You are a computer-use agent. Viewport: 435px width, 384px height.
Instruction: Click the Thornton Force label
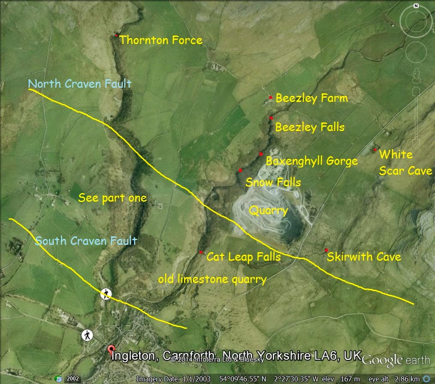161,40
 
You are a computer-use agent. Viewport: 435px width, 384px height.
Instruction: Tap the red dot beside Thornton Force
116,36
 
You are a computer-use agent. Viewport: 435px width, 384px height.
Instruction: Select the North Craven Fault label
80,83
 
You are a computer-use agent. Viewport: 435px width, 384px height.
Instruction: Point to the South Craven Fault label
86,241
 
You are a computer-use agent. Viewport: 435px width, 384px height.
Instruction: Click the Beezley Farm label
312,98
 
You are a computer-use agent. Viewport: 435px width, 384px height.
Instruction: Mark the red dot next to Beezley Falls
271,118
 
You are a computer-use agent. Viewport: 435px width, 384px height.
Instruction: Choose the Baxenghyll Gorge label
312,161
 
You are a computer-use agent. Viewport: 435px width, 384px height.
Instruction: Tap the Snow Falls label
273,183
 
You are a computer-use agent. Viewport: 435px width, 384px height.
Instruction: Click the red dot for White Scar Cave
375,150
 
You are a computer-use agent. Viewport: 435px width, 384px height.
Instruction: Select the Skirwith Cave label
364,257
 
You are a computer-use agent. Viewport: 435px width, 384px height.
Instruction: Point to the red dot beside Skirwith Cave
326,250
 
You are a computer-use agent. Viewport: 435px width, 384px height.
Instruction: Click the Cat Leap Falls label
244,257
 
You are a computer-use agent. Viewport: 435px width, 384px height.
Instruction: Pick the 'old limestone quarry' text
212,280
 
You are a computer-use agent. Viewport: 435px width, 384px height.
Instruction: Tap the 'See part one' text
113,198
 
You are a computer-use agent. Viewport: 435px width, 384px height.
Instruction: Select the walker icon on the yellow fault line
106,294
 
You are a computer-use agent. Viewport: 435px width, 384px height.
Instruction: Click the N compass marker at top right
416,6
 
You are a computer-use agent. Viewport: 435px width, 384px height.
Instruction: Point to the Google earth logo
396,360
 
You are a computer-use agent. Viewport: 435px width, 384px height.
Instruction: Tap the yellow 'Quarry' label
268,211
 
